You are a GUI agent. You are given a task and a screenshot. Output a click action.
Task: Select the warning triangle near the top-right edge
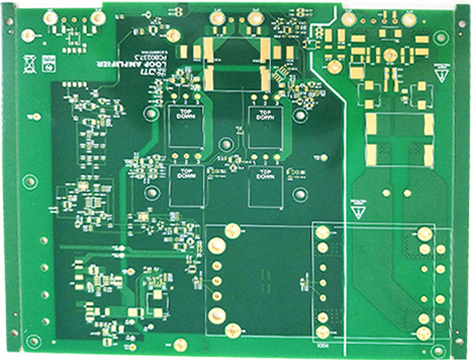tap(444, 73)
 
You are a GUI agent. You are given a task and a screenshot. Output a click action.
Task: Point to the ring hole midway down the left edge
tap(30, 180)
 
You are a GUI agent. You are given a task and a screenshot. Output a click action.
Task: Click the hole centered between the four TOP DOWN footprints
tap(222, 145)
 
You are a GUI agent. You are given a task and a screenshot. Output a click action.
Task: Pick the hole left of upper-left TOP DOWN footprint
tap(151, 114)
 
